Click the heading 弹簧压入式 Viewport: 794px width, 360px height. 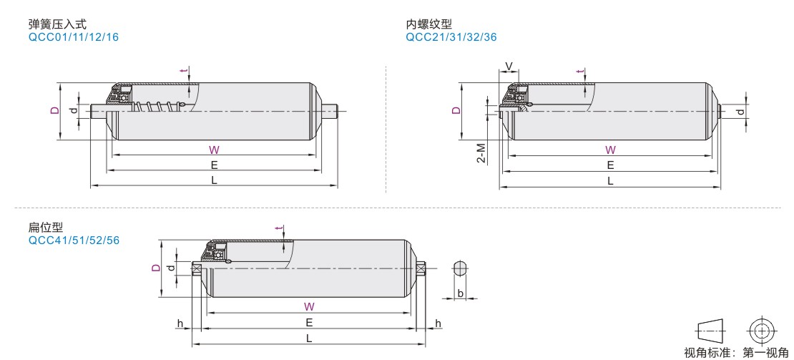(x=58, y=24)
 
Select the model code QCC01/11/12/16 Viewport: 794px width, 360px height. (x=74, y=37)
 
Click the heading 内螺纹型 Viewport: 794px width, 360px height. (x=429, y=24)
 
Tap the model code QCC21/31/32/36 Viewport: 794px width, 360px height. (x=451, y=37)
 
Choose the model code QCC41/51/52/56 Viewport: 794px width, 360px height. (x=74, y=240)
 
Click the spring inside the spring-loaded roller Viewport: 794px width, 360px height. (x=157, y=107)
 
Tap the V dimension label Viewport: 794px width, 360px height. (x=509, y=67)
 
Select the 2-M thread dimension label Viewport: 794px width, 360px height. (x=481, y=153)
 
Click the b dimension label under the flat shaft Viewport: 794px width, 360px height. (x=460, y=293)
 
